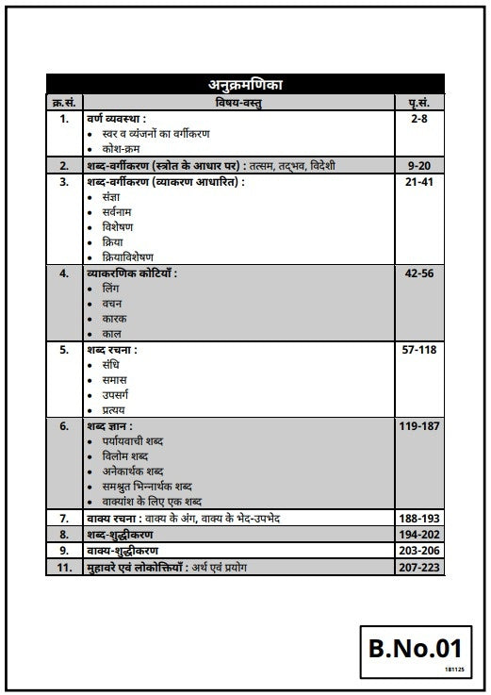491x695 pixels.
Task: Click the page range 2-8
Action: tap(421, 120)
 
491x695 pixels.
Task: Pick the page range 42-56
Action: tap(421, 273)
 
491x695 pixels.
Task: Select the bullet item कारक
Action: tap(114, 319)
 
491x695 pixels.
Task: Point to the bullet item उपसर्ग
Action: tap(118, 395)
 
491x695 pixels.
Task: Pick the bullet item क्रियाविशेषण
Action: tap(127, 257)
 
